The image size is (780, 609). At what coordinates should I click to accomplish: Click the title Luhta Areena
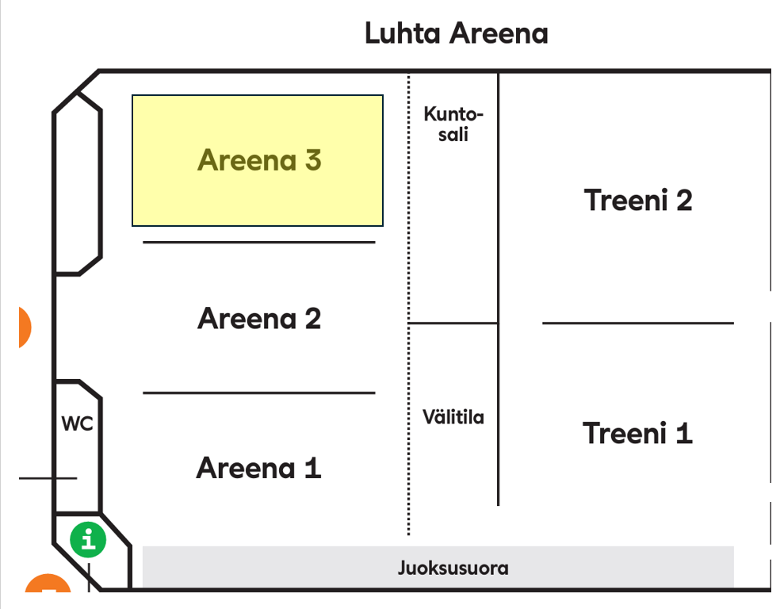click(456, 34)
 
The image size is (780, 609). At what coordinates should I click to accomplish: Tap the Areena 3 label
click(259, 160)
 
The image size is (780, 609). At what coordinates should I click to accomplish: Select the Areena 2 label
click(259, 319)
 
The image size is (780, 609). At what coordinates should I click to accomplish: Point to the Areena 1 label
click(258, 468)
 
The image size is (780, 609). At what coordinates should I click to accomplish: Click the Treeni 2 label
click(638, 200)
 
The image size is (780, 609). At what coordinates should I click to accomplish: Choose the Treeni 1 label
click(637, 433)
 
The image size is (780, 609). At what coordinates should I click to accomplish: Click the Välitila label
click(453, 417)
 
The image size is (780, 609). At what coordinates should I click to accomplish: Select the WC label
click(78, 424)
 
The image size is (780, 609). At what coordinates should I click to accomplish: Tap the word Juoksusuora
click(453, 569)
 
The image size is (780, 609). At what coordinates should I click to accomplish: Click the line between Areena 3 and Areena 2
click(258, 242)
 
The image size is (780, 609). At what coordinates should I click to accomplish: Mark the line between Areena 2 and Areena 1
click(258, 393)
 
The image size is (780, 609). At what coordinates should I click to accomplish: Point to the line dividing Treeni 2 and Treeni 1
click(638, 323)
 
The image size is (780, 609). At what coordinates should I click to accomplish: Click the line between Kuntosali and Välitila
click(453, 323)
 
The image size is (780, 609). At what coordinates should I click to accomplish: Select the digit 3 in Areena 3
click(312, 160)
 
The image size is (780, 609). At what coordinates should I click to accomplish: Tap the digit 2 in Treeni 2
click(682, 200)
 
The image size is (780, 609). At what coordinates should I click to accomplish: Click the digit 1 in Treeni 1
click(683, 433)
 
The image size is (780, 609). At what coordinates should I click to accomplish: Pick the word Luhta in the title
click(403, 34)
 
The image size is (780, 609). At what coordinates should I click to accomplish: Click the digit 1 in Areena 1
click(312, 468)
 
